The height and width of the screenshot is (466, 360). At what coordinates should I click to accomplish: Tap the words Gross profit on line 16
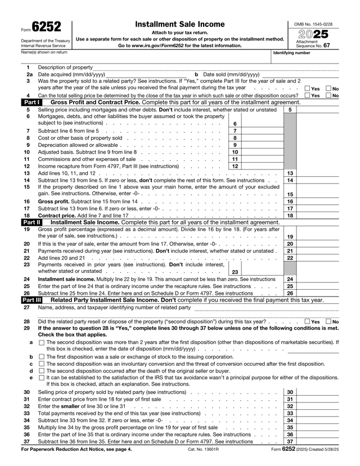(53, 201)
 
